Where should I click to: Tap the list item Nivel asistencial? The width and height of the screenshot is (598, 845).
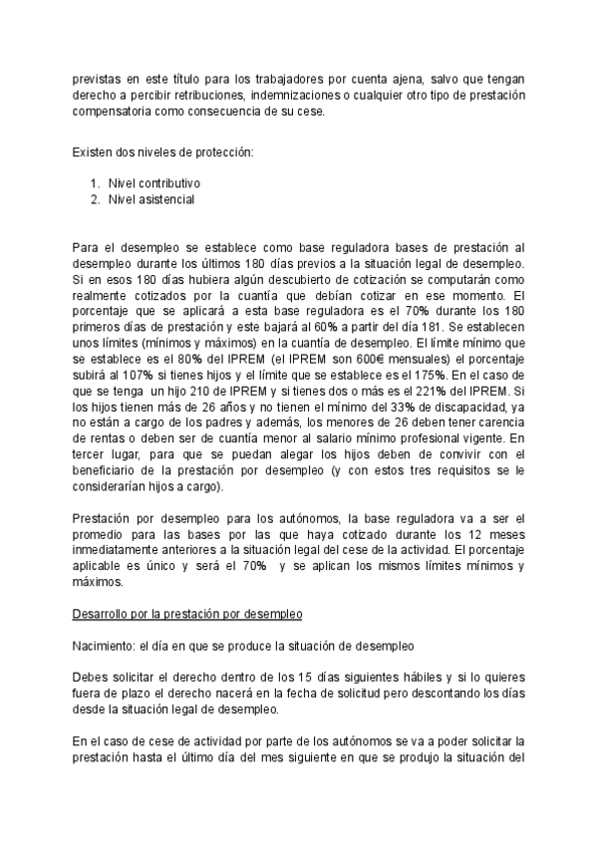pyautogui.click(x=151, y=199)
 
